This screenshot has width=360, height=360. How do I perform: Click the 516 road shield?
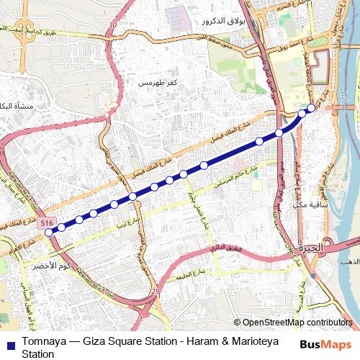[x=47, y=224]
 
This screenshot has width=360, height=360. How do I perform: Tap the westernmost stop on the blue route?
[x=49, y=232]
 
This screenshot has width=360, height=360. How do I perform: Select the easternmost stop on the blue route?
[x=311, y=108]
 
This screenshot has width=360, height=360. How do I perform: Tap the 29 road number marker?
[x=155, y=290]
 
